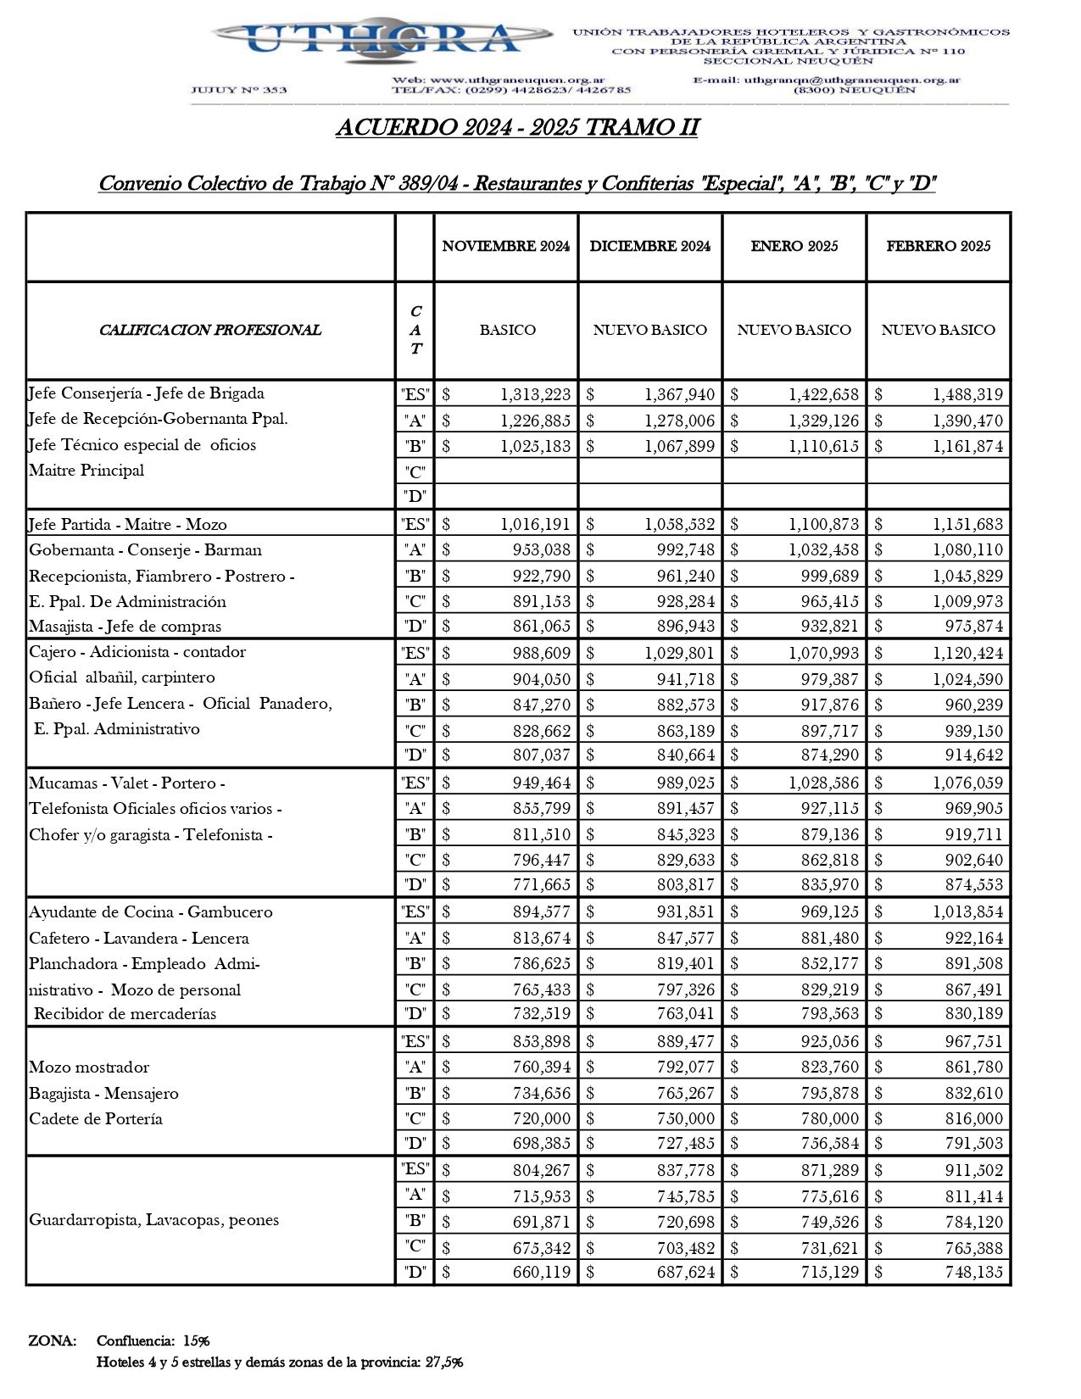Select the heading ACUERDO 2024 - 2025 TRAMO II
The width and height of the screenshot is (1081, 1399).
point(517,127)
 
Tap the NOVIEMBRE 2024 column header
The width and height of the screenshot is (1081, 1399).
point(505,246)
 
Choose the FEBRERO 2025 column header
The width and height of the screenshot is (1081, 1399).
point(938,246)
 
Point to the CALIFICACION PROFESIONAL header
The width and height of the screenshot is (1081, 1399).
point(209,330)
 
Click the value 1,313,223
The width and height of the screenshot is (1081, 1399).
point(535,394)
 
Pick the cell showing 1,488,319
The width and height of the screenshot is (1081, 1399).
point(967,394)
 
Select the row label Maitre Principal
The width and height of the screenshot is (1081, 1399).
point(86,471)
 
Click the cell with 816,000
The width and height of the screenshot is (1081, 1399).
point(973,1118)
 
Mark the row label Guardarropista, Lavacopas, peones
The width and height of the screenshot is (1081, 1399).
point(153,1220)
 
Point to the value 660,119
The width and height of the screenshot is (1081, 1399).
point(541,1272)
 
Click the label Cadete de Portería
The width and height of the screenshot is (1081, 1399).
point(96,1118)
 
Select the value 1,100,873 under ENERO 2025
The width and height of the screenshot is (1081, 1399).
point(823,525)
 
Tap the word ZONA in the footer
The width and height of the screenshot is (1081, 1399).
point(52,1340)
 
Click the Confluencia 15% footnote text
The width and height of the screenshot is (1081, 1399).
point(153,1340)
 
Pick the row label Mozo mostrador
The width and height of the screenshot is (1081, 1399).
point(89,1067)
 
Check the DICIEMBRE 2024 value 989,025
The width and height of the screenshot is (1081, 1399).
point(685,783)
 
